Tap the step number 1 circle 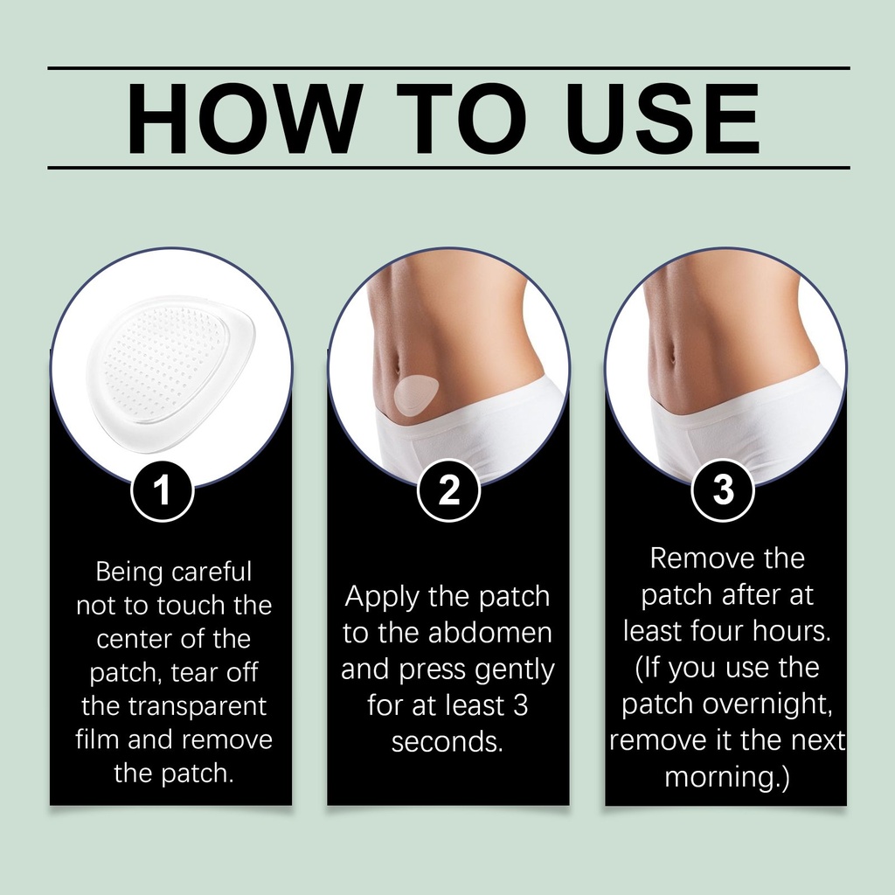tap(163, 490)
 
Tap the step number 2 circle tap(448, 490)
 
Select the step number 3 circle tap(723, 490)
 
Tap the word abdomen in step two tap(490, 633)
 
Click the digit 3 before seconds tap(520, 705)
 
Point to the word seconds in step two tap(447, 742)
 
